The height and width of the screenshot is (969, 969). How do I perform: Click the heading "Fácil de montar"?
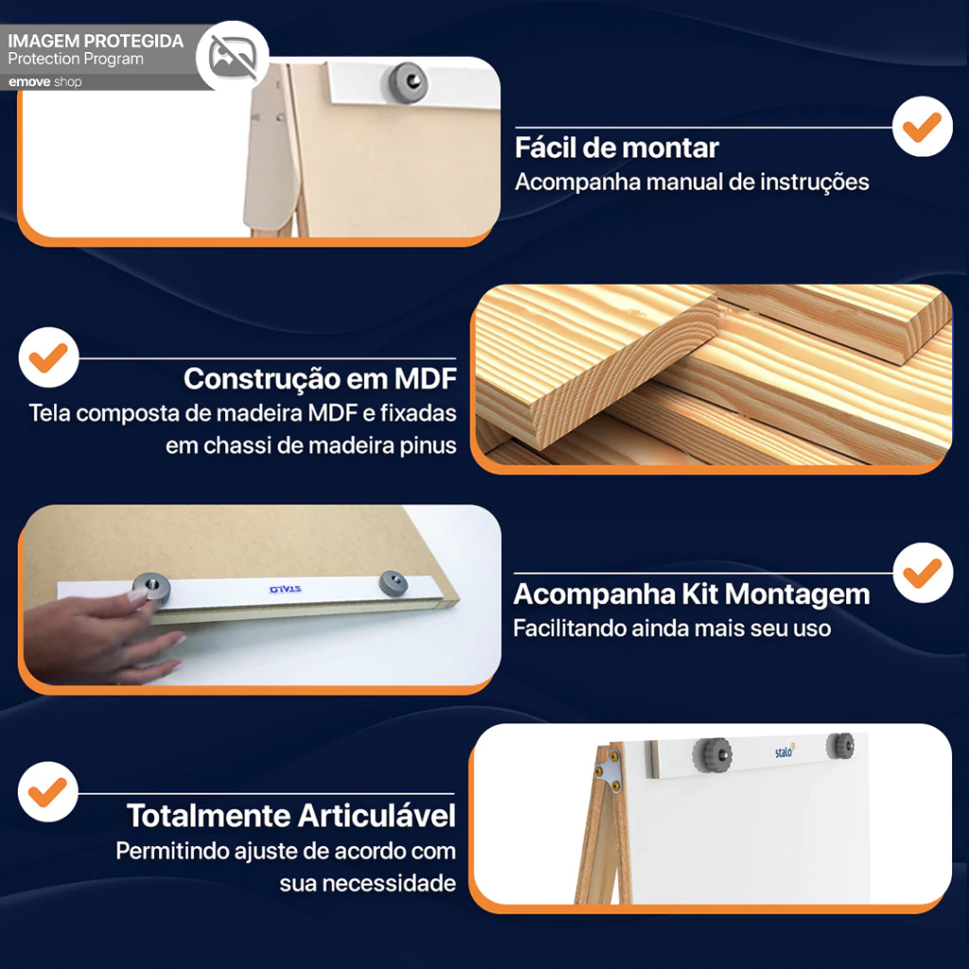click(x=616, y=149)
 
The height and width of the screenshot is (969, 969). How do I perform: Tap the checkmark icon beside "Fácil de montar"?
click(x=922, y=126)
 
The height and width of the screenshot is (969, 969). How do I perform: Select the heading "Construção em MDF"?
click(x=320, y=379)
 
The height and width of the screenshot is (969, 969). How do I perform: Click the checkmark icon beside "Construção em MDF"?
click(x=48, y=357)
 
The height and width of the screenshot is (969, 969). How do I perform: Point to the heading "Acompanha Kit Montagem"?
click(x=691, y=594)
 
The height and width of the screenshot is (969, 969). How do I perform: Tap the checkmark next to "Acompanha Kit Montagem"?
click(x=922, y=573)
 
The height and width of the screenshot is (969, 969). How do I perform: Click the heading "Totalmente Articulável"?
click(x=291, y=816)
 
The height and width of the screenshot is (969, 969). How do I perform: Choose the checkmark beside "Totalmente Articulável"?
click(x=48, y=792)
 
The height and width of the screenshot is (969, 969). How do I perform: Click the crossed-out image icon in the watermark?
click(x=233, y=57)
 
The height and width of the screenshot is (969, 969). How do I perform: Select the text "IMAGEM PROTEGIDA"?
click(x=96, y=42)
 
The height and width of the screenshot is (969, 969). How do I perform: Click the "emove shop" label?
click(x=44, y=82)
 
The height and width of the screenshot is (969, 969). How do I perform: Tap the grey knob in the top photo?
click(x=407, y=81)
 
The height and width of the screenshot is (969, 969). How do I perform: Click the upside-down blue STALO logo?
click(x=286, y=589)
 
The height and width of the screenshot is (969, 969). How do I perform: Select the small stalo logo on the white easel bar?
click(x=784, y=750)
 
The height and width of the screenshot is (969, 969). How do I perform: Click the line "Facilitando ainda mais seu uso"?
click(x=672, y=628)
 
